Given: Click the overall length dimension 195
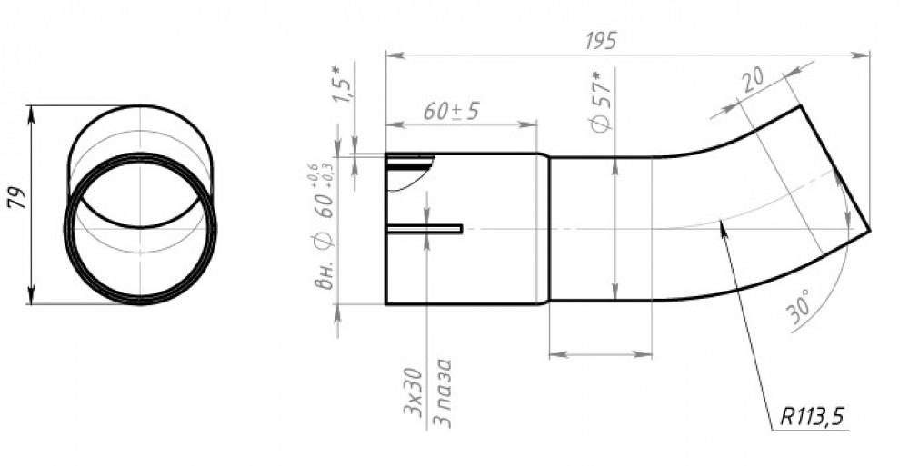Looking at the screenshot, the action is point(601,42).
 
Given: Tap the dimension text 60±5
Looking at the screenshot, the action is point(451,111).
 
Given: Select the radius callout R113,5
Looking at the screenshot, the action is point(812,416).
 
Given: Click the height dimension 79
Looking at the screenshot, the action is point(16,198).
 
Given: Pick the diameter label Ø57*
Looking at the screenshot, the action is point(603,104).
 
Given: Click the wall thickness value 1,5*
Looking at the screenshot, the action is point(342,84).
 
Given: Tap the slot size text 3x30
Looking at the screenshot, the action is point(412,392).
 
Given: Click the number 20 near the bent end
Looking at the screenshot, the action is point(754,80).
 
